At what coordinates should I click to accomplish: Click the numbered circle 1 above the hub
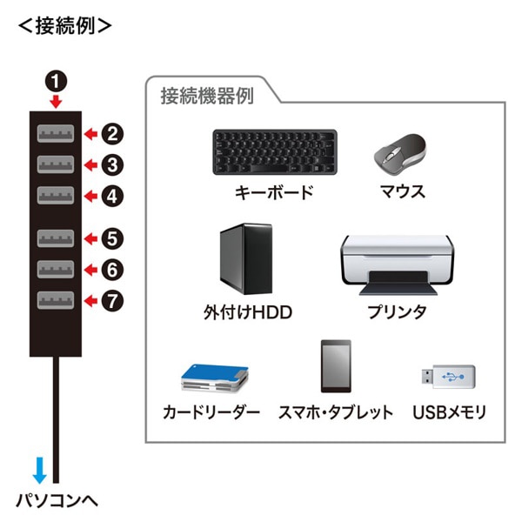pyautogui.click(x=56, y=83)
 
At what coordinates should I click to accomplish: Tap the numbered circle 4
pyautogui.click(x=112, y=196)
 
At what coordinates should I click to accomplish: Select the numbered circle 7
pyautogui.click(x=112, y=301)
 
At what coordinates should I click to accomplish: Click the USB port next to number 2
pyautogui.click(x=56, y=134)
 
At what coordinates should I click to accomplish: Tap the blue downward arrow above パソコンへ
pyautogui.click(x=37, y=471)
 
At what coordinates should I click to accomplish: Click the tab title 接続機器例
pyautogui.click(x=206, y=97)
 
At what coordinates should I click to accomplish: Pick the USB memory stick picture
pyautogui.click(x=449, y=377)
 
